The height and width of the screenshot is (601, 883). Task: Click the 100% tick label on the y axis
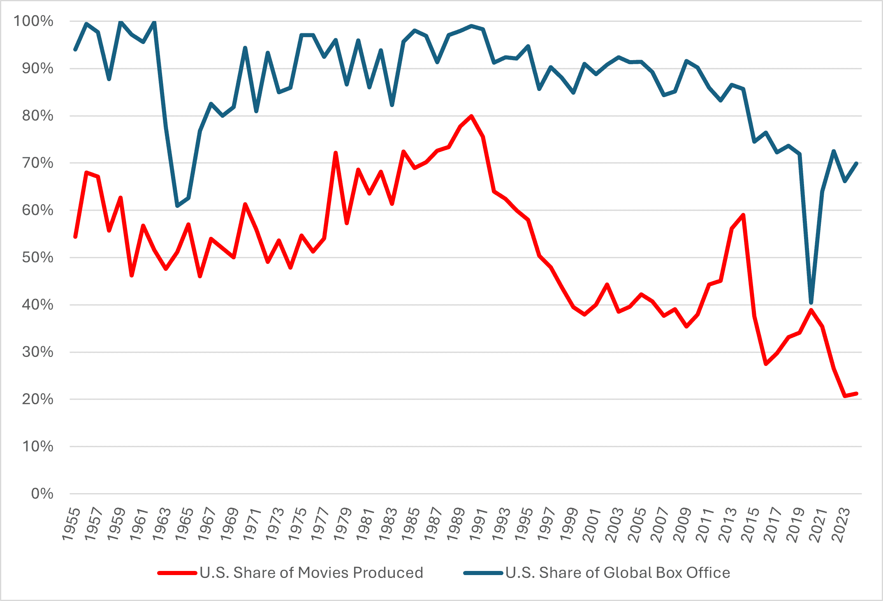point(33,21)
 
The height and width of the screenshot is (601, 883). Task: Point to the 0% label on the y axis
point(42,494)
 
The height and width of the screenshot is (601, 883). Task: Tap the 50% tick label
point(37,258)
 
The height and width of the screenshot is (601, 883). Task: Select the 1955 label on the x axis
point(71,524)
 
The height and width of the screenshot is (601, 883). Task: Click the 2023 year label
point(841,524)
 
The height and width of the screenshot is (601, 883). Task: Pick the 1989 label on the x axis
point(456,524)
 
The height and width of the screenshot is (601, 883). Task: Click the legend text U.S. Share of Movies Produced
point(311,573)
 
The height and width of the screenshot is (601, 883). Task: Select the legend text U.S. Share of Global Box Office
point(618,573)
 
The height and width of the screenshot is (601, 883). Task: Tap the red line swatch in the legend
point(177,573)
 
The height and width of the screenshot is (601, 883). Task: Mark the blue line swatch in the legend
point(483,573)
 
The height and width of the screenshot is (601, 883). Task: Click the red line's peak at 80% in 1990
point(471,116)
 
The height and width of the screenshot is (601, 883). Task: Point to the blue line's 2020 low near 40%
point(811,303)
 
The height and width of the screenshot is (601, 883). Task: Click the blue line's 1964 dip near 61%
point(177,206)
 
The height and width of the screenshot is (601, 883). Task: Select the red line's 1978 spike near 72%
point(336,153)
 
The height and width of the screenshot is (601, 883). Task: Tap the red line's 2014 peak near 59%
point(743,215)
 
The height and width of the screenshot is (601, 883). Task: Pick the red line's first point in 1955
point(75,237)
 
